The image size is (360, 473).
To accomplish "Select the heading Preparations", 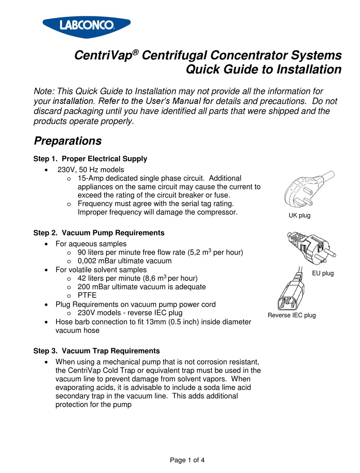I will point(68,141).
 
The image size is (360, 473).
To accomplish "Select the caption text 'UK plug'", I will point(299,216).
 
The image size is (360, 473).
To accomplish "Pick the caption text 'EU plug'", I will point(323,273).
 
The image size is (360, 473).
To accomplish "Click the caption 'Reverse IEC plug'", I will point(291,315).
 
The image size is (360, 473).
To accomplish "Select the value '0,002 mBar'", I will point(97,261).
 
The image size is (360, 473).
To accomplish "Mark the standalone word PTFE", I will point(87,295).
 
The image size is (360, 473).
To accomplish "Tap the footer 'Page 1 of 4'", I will point(187,460).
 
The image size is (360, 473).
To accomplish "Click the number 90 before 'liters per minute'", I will point(82,252).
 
